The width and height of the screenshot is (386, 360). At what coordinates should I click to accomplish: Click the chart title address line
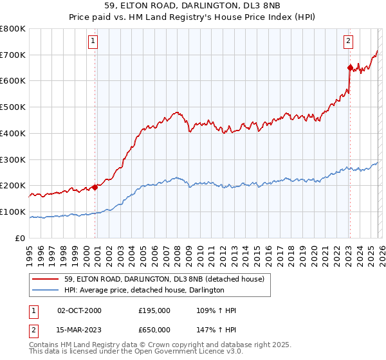(x=192, y=6)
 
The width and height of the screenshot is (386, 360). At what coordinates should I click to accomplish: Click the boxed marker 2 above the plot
(x=348, y=41)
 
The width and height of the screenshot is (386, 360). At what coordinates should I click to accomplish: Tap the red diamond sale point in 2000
(x=95, y=187)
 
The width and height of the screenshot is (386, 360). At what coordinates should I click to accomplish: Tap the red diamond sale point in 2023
(x=350, y=67)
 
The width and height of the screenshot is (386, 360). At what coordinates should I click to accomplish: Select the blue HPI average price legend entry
(x=144, y=291)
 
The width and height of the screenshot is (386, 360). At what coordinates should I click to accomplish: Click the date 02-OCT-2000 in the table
(x=80, y=310)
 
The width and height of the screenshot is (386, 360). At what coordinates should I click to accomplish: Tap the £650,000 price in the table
(x=154, y=330)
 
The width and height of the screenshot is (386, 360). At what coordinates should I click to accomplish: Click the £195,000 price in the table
(x=154, y=310)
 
